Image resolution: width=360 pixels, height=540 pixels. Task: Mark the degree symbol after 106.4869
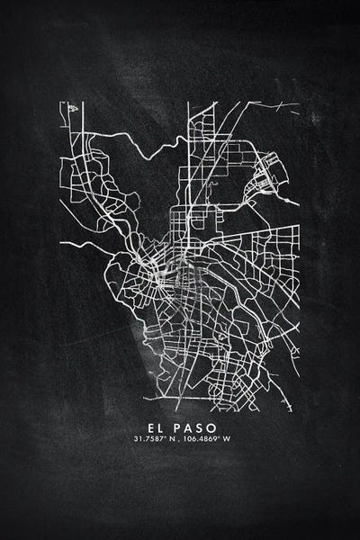tap(222, 438)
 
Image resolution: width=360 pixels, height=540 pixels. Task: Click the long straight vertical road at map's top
tap(188, 135)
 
